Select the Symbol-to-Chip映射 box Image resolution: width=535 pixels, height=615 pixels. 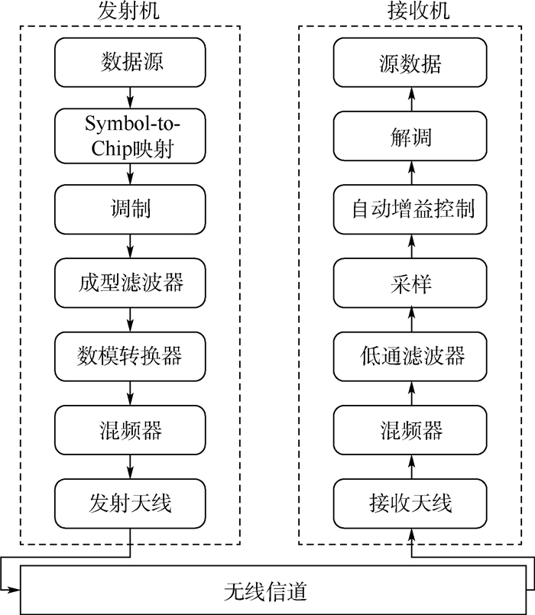131,136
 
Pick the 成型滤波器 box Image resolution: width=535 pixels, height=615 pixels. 131,283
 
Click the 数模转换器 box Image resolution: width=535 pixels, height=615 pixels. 131,356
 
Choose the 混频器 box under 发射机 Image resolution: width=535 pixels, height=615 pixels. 131,429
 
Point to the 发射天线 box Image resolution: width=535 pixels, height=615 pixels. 131,503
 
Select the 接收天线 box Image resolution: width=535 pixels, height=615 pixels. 411,503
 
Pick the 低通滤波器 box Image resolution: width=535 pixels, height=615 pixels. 411,356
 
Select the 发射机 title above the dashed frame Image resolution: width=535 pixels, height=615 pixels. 131,11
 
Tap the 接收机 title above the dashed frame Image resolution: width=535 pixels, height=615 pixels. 411,11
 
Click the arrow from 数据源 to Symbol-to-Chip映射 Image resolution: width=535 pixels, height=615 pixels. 131,97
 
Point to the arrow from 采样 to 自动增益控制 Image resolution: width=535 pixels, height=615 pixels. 411,245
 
